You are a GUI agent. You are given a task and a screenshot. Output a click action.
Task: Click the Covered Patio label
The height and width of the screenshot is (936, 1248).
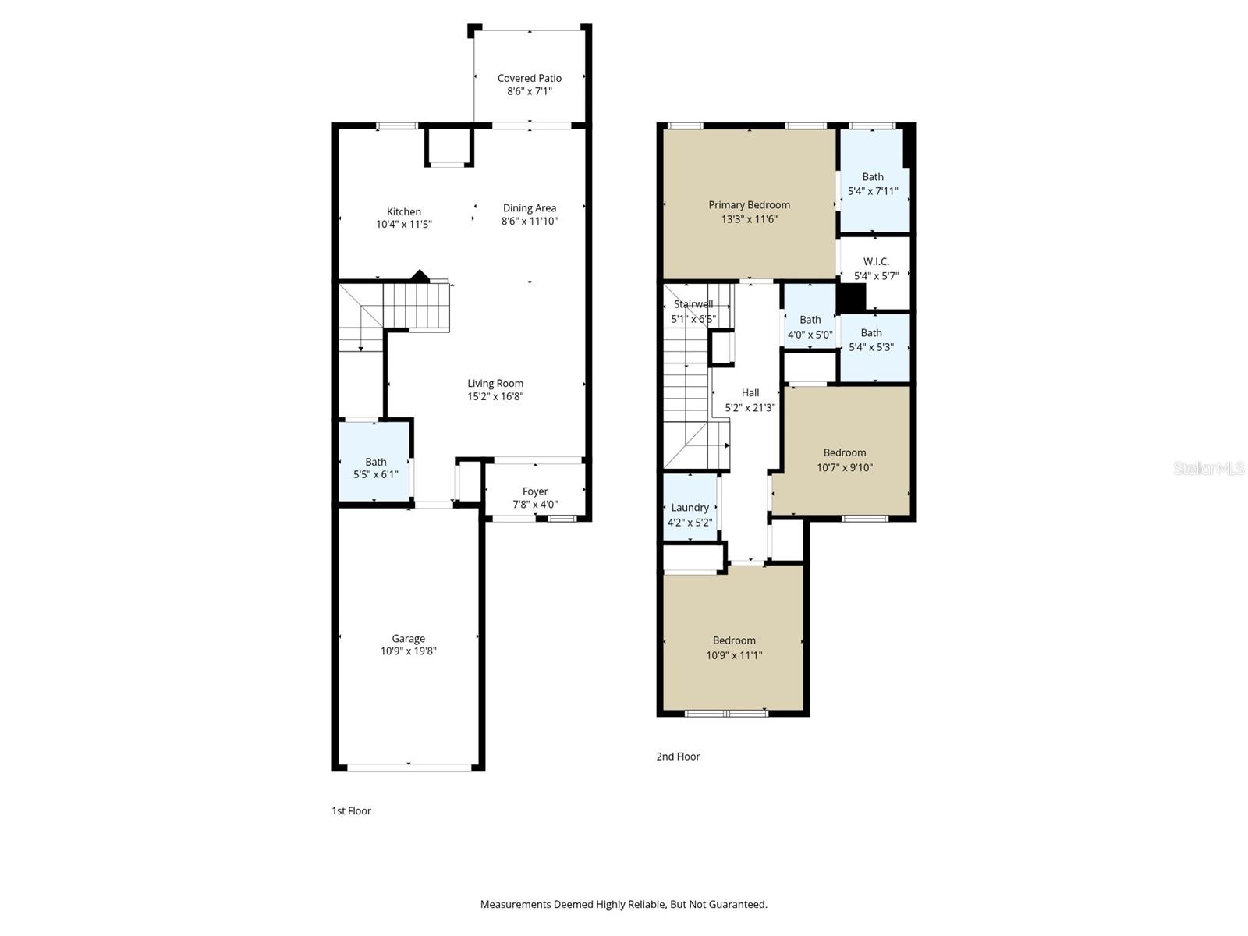529,78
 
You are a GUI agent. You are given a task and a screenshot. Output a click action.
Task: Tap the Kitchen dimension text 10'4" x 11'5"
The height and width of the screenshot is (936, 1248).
403,225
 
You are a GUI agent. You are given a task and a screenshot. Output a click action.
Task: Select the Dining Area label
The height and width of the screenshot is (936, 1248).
529,207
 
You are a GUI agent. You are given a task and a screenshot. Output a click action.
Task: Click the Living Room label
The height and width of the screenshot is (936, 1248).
495,383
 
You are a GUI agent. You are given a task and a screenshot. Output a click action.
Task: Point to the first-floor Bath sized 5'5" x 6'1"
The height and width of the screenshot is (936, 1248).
375,467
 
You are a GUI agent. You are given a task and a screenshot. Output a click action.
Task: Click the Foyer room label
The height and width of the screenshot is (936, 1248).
534,491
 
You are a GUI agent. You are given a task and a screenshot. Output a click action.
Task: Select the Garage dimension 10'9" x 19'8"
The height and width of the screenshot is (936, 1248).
408,651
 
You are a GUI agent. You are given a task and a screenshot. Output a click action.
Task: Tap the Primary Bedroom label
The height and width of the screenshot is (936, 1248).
749,205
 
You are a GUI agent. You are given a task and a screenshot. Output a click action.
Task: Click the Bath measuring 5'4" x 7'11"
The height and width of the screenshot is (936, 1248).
872,184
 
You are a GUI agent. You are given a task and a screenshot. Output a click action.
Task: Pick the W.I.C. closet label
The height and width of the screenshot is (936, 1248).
875,262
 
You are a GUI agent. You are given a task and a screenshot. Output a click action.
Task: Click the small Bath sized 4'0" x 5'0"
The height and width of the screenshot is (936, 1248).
810,327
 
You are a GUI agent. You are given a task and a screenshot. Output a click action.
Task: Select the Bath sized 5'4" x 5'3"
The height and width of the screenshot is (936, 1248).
870,339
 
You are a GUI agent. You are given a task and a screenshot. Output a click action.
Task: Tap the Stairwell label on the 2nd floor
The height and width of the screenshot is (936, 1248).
693,304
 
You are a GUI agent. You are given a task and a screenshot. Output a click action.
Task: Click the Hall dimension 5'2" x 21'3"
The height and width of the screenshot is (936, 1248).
750,407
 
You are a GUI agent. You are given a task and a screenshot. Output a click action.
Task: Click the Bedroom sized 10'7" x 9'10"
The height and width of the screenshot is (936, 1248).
844,459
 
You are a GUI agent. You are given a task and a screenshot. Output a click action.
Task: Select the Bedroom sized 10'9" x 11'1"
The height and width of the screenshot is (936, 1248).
733,647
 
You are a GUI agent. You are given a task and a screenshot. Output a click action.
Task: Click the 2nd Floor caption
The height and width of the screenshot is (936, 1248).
678,757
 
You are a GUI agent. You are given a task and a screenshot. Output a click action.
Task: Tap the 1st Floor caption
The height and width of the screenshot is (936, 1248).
351,811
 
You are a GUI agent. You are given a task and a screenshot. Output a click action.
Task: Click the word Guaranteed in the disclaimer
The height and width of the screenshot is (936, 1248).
737,905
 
